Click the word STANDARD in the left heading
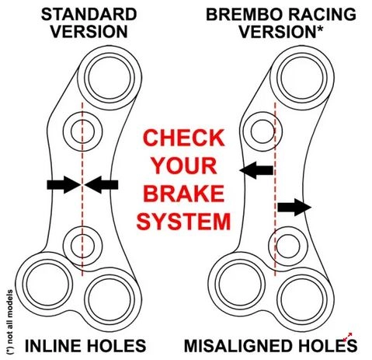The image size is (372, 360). [x=89, y=15]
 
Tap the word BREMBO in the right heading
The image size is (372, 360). [x=243, y=15]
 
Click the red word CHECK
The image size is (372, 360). [x=183, y=138]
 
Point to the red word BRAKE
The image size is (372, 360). [x=183, y=194]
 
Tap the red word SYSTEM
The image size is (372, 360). [x=183, y=222]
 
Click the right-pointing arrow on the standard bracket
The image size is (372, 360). [x=64, y=185]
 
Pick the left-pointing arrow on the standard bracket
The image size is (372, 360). [x=101, y=185]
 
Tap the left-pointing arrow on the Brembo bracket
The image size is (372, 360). [x=256, y=170]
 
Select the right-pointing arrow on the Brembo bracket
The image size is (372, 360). [x=294, y=207]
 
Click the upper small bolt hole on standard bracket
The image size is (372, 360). [x=82, y=132]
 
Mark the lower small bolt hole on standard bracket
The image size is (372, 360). [x=82, y=246]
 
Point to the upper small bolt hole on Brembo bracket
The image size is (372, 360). [x=262, y=131]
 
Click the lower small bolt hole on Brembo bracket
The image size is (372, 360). [x=288, y=246]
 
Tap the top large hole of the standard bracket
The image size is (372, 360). [x=110, y=78]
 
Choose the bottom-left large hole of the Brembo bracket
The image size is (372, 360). [x=240, y=284]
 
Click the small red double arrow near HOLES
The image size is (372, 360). [x=347, y=337]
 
